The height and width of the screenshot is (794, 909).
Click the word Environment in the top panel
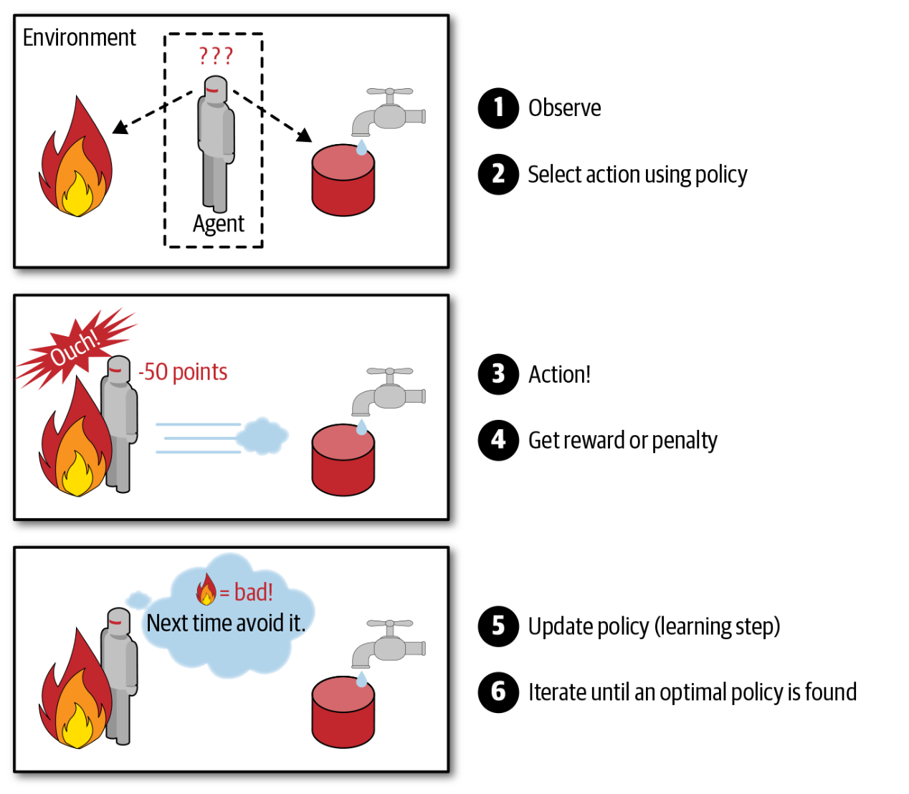click(x=79, y=37)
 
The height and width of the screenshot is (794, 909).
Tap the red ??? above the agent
click(x=216, y=56)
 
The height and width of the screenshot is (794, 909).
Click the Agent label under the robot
click(x=219, y=224)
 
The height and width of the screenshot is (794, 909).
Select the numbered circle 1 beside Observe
click(x=498, y=108)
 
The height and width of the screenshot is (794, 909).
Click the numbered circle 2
click(x=498, y=174)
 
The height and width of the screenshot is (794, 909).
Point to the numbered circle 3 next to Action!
click(x=498, y=374)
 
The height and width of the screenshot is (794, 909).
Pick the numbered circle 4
click(x=498, y=440)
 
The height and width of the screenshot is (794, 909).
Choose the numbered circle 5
click(x=498, y=626)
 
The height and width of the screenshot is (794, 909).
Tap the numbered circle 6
click(x=498, y=692)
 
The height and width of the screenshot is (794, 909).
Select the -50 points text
click(x=183, y=372)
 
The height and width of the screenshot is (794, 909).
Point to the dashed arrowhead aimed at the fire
click(x=120, y=128)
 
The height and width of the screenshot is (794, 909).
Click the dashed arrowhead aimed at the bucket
click(x=305, y=135)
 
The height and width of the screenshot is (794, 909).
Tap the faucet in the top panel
click(x=388, y=112)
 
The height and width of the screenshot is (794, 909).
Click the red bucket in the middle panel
click(x=343, y=460)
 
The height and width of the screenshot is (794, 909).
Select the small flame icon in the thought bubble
click(x=206, y=590)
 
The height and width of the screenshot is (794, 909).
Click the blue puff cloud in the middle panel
click(x=262, y=436)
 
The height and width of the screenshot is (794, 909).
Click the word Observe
click(x=565, y=108)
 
